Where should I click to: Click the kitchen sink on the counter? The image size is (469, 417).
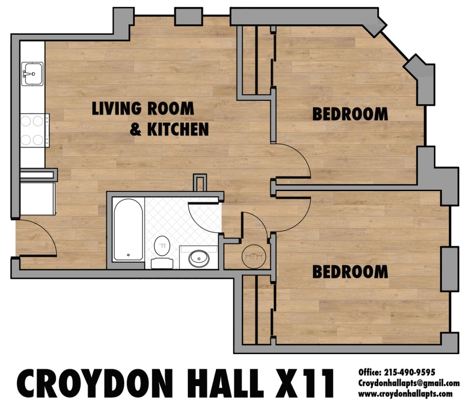pyautogui.click(x=32, y=73)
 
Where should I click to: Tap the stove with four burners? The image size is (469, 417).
pyautogui.click(x=34, y=130)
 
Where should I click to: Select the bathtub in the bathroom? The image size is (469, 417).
pyautogui.click(x=128, y=230)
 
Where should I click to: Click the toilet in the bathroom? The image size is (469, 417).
pyautogui.click(x=162, y=252)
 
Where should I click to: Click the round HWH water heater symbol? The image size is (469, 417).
pyautogui.click(x=254, y=256)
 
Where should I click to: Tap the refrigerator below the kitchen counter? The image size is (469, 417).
pyautogui.click(x=38, y=199)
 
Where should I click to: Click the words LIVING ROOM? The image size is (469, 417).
pyautogui.click(x=143, y=108)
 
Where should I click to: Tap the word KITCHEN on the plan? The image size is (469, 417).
pyautogui.click(x=178, y=129)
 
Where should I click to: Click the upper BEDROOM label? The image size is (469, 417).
pyautogui.click(x=350, y=114)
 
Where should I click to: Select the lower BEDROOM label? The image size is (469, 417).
pyautogui.click(x=350, y=272)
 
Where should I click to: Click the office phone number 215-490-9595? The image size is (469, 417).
pyautogui.click(x=409, y=372)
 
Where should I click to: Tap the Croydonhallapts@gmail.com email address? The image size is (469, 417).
pyautogui.click(x=409, y=383)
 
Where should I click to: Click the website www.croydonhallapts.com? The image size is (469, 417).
pyautogui.click(x=405, y=394)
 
